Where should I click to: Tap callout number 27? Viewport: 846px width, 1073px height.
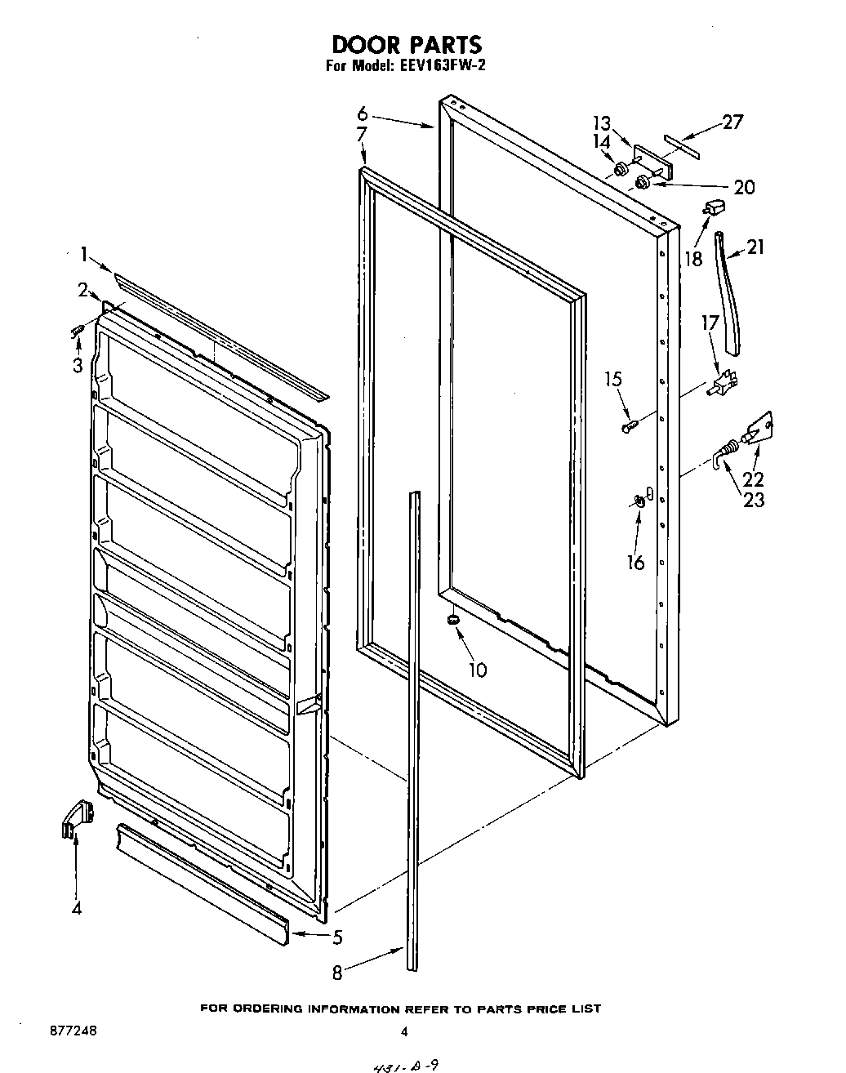(x=732, y=122)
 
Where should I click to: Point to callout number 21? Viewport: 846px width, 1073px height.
(x=755, y=246)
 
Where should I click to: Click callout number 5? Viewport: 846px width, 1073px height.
(x=337, y=937)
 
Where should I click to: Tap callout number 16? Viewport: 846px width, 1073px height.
(x=635, y=562)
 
